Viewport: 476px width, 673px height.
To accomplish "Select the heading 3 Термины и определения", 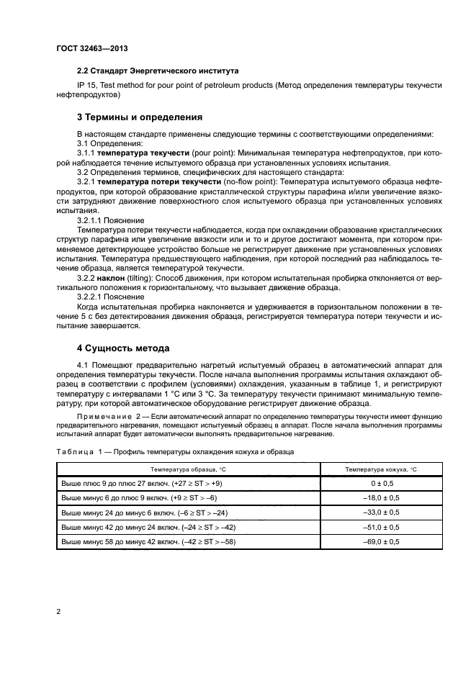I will (x=140, y=117).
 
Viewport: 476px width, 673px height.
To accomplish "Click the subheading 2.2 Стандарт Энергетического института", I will (x=157, y=71).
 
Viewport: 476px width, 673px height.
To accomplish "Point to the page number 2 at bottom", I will (x=59, y=611).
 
